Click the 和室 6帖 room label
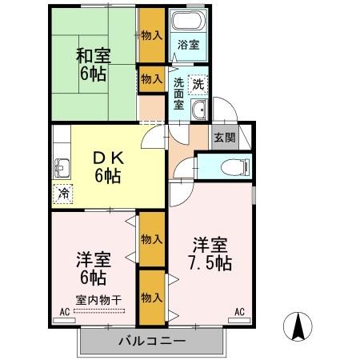click(x=93, y=65)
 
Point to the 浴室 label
click(x=189, y=46)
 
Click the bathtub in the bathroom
click(x=189, y=22)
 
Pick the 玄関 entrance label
click(x=223, y=136)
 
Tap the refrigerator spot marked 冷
click(x=62, y=194)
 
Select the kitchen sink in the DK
click(x=62, y=169)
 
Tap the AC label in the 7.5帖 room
click(x=239, y=313)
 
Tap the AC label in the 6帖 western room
click(x=65, y=313)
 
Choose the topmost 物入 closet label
click(x=151, y=35)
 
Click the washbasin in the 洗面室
click(x=202, y=110)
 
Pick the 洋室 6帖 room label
click(x=92, y=269)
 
